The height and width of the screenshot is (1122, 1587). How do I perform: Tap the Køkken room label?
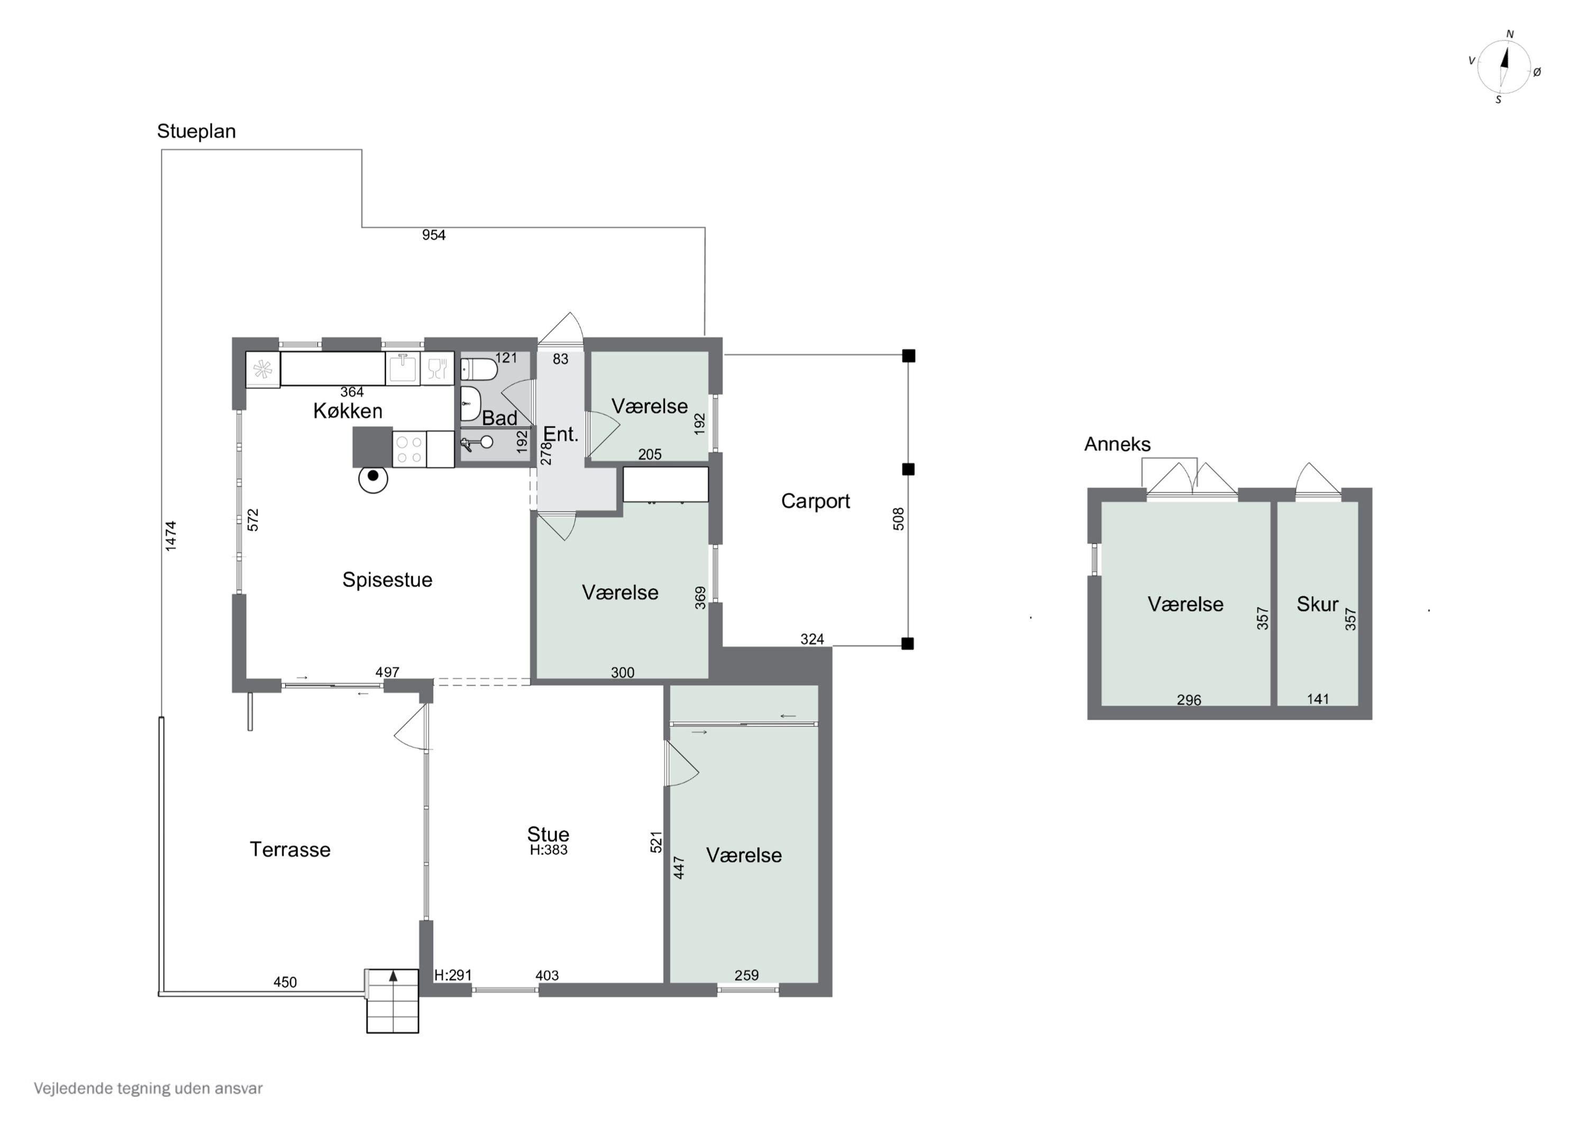(x=348, y=412)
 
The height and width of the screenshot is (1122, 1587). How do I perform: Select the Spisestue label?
(x=387, y=580)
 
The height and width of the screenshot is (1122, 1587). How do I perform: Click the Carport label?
(x=816, y=501)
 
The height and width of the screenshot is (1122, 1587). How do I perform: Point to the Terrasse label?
(x=290, y=850)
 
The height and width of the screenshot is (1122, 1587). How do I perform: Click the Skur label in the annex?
(x=1317, y=604)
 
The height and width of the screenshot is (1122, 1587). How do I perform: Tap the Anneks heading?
(x=1117, y=444)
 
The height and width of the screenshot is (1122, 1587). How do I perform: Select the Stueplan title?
(x=196, y=131)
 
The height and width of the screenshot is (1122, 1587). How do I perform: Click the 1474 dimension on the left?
(x=171, y=536)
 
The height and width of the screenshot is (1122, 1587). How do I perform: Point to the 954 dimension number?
(x=434, y=235)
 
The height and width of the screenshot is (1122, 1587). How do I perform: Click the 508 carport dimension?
(x=899, y=518)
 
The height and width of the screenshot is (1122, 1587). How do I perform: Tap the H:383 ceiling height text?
(x=549, y=850)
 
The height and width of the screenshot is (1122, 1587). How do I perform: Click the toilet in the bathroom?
(x=478, y=369)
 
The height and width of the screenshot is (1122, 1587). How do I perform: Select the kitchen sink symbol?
(x=402, y=368)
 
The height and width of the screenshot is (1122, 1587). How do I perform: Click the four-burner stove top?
(x=409, y=449)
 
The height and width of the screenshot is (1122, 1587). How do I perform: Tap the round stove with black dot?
(x=373, y=478)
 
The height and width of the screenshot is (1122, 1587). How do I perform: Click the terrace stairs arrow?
(x=393, y=975)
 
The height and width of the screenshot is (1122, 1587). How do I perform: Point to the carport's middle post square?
(x=909, y=469)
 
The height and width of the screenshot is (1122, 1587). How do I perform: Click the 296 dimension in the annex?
(x=1189, y=700)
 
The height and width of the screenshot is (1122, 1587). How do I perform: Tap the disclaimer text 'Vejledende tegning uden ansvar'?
(x=148, y=1088)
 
